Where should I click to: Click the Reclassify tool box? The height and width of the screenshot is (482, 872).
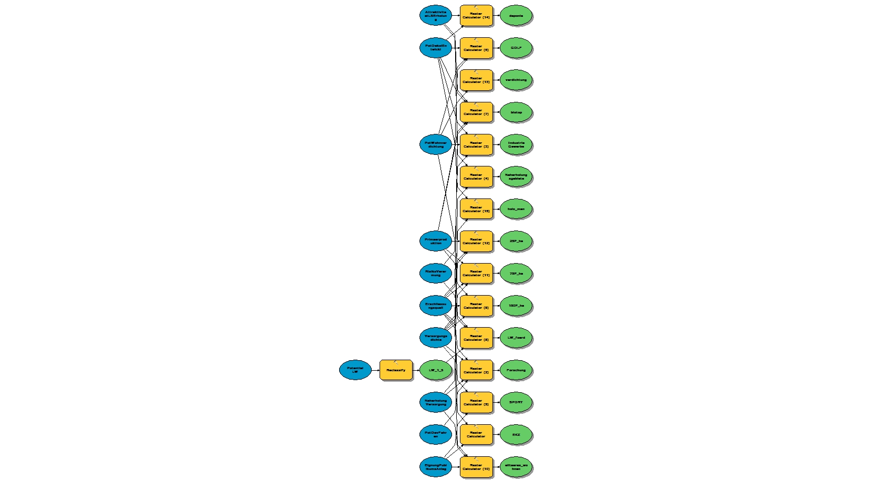pos(396,370)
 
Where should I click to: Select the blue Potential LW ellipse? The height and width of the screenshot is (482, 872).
pos(355,370)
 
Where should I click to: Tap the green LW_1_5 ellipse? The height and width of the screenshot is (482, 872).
pos(436,370)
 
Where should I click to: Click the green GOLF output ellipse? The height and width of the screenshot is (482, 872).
pos(516,48)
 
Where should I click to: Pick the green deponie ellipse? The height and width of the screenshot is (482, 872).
pos(516,16)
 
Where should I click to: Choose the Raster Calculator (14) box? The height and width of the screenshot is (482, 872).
pos(476,16)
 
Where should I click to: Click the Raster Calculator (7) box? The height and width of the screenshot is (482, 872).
pos(476,112)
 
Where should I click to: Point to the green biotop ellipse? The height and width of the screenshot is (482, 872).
pos(516,112)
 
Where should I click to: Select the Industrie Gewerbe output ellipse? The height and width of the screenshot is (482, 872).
pos(516,144)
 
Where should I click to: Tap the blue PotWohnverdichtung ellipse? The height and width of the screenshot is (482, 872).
pos(436,144)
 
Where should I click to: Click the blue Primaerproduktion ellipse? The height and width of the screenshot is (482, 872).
pos(436,241)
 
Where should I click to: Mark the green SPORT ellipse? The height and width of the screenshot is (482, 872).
pos(516,402)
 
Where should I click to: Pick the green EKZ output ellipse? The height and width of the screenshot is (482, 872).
pos(516,435)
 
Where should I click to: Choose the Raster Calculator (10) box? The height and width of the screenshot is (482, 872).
pos(476,467)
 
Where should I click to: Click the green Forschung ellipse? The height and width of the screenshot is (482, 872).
pos(516,370)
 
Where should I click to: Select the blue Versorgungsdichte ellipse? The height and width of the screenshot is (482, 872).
pos(436,338)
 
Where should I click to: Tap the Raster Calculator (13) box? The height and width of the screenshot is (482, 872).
pos(476,80)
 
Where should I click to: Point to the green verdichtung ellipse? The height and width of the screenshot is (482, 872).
pos(516,80)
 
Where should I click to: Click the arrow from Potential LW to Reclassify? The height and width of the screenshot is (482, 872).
pos(375,370)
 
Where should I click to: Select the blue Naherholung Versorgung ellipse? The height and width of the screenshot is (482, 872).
pos(436,402)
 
